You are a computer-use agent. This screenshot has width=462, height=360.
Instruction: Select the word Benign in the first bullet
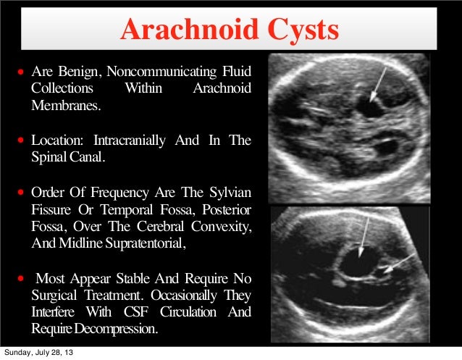click(80, 72)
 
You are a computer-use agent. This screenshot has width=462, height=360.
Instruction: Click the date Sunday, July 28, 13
click(41, 353)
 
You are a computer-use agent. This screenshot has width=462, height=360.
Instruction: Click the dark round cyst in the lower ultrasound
click(356, 262)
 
